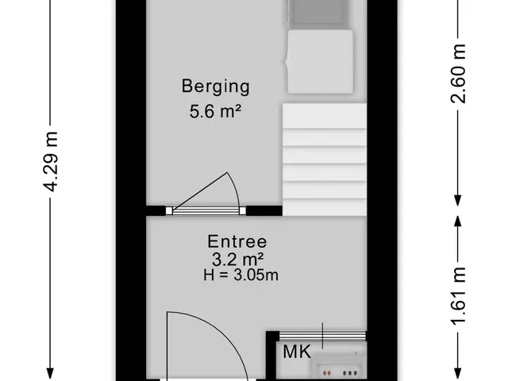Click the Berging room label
215,87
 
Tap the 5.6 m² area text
215,111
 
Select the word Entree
237,241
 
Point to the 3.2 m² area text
237,260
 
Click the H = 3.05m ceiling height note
241,275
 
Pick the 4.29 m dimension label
51,161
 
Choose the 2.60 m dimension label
458,74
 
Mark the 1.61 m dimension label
458,296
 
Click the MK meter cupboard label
297,352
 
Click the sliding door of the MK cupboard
323,335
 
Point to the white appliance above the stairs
320,62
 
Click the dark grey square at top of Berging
317,13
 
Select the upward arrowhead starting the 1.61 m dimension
457,221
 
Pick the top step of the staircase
325,116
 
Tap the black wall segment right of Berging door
264,210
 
